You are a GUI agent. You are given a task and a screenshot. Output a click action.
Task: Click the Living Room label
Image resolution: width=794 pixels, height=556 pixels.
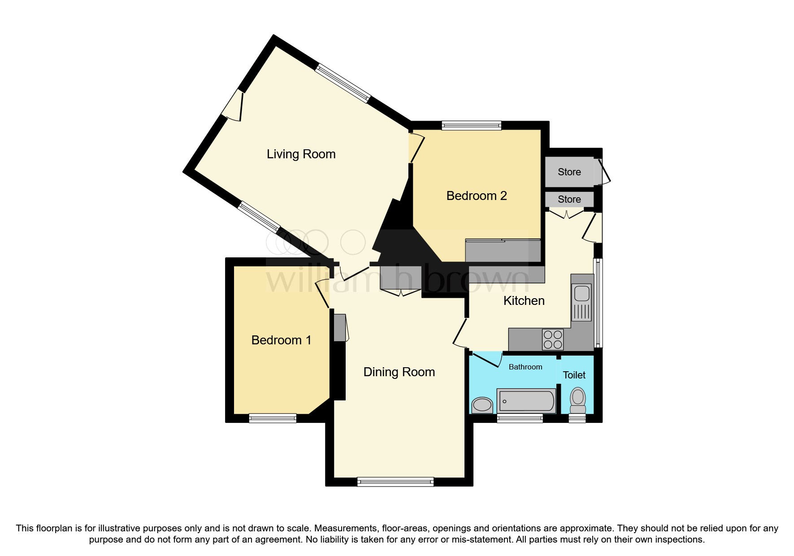(x=301, y=154)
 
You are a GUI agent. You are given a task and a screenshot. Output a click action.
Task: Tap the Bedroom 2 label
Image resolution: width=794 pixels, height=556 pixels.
(x=476, y=196)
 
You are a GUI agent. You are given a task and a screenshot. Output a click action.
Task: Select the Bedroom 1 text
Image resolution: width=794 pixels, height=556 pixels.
(x=281, y=340)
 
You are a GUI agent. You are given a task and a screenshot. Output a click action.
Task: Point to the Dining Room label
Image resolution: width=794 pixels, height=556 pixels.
(x=399, y=372)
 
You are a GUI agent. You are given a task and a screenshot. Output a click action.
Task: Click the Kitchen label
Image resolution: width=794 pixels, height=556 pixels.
(x=524, y=301)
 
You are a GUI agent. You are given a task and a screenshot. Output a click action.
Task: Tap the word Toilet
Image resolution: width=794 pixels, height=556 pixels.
(x=574, y=375)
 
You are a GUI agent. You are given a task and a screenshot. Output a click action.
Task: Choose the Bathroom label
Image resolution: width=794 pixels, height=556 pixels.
(x=525, y=367)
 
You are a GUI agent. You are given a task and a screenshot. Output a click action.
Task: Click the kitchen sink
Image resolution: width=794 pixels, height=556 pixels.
(x=582, y=294)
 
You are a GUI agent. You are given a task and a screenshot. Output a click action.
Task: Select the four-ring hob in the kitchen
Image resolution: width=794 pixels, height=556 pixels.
(x=552, y=339)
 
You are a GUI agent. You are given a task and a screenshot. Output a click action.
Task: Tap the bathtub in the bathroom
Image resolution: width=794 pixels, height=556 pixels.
(x=526, y=400)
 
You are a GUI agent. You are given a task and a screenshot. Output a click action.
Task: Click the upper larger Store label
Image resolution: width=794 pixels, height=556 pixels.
(x=569, y=172)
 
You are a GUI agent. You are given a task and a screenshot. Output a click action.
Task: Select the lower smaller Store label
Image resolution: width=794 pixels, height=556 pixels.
(x=569, y=200)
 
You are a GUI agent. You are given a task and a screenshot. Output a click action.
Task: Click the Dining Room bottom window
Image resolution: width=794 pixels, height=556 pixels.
(x=395, y=482)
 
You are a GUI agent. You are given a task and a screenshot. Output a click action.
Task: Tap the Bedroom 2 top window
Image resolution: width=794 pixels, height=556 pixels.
(x=471, y=126)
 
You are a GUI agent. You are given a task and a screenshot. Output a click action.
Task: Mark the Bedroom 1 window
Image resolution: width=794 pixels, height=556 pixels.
(x=273, y=418)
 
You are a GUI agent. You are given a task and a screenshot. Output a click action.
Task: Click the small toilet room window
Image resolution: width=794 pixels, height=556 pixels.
(x=577, y=418)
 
